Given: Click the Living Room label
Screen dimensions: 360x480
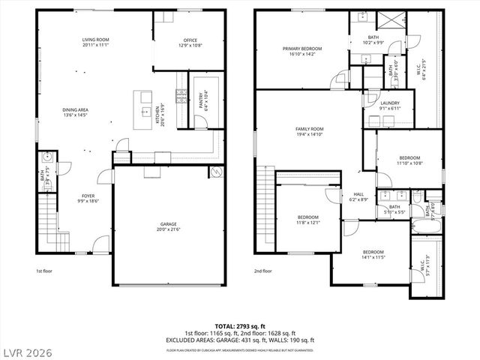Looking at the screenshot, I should (x=96, y=42).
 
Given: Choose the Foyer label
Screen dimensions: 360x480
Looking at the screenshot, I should (x=88, y=198).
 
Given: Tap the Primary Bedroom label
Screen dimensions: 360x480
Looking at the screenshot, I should (x=299, y=52).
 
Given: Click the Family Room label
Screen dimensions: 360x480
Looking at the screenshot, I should (x=308, y=132).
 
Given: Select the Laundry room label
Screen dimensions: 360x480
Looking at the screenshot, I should (x=389, y=106).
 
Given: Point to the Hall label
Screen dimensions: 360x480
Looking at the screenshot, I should (x=358, y=197).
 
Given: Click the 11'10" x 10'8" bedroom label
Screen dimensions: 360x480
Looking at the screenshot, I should (x=409, y=160).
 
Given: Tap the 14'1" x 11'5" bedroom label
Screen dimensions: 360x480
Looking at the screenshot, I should (x=373, y=254).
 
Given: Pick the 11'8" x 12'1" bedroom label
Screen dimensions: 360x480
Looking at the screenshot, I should (x=307, y=220).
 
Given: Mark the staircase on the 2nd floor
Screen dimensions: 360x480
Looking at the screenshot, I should (x=265, y=202).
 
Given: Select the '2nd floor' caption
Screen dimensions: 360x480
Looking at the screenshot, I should (x=262, y=271).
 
